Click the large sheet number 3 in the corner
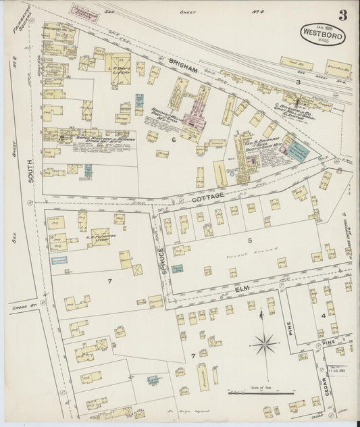tap(343, 16)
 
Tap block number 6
tap(173, 139)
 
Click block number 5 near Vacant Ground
tap(249, 240)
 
